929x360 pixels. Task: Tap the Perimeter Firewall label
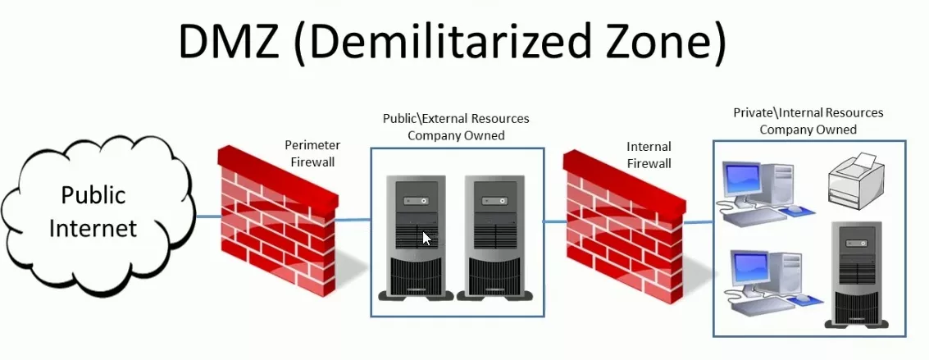(x=313, y=153)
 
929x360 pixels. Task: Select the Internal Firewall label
(x=649, y=154)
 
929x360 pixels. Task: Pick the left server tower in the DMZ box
(x=416, y=238)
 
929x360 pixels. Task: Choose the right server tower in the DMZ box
(x=495, y=238)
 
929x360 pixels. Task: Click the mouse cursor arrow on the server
(x=426, y=238)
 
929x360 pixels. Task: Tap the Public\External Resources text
(x=456, y=118)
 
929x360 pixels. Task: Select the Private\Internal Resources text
(x=808, y=112)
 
